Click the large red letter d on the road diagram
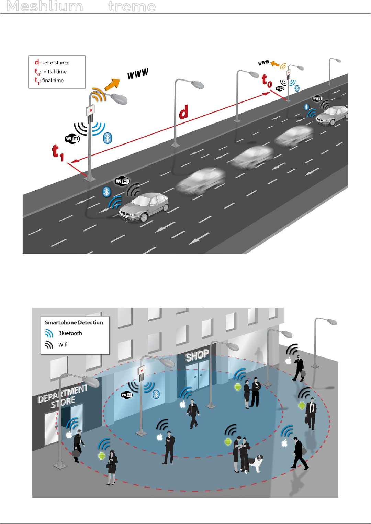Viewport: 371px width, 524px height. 184,112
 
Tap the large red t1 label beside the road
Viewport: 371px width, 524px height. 58,152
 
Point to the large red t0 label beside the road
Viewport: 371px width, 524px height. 267,81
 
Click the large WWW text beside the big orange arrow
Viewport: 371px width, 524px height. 138,74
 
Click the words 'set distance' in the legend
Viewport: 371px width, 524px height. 56,63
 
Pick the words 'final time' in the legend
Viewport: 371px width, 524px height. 53,81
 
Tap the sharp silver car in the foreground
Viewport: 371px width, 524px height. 144,207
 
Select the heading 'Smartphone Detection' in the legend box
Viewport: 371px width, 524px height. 74,322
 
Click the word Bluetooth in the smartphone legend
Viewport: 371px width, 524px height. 70,333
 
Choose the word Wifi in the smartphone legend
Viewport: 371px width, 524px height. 63,345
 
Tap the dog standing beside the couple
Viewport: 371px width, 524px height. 256,463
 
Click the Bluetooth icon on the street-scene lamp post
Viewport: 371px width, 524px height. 156,394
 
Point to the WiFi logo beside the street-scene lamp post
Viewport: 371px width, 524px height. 127,395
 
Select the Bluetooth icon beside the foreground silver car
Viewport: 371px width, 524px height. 106,192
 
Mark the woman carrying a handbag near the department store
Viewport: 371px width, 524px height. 112,467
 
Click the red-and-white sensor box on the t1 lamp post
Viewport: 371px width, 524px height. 91,110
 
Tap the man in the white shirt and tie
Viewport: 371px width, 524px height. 311,413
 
